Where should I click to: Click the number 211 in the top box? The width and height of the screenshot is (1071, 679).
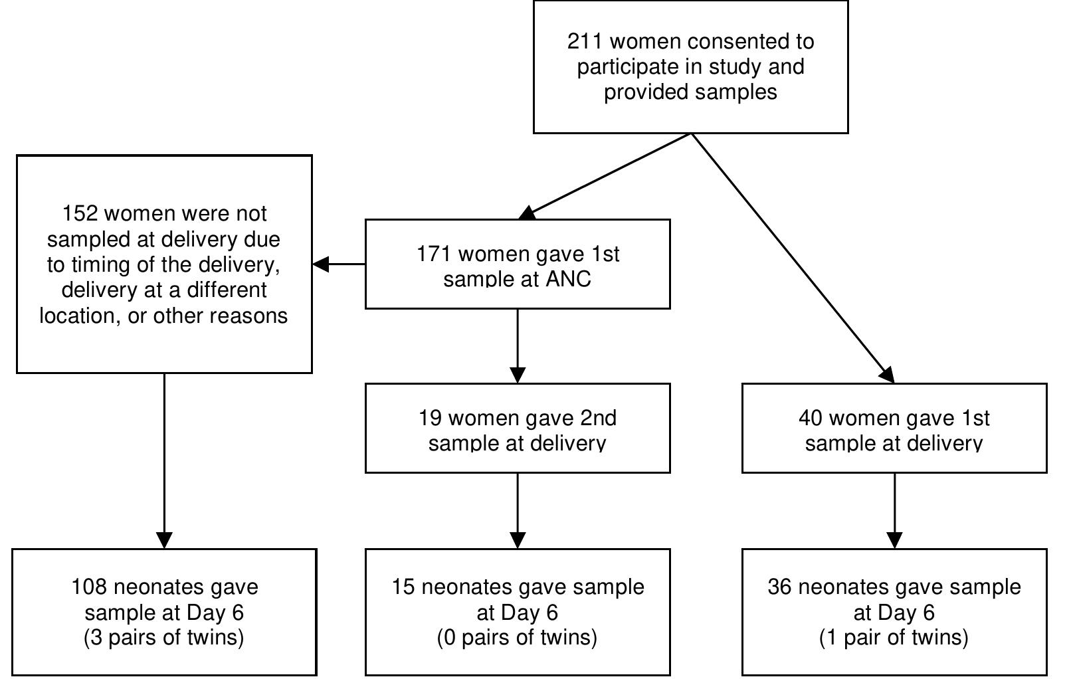585,42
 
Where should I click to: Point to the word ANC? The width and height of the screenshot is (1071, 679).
568,279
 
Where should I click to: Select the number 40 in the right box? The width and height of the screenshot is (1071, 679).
811,419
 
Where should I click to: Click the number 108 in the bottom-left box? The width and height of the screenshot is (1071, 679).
89,587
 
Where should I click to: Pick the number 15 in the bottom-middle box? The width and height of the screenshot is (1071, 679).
403,587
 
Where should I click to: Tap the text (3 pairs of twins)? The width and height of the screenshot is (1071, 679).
164,638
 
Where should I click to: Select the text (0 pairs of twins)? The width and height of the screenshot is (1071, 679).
517,638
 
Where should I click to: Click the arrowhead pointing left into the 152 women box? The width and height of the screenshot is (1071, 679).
320,264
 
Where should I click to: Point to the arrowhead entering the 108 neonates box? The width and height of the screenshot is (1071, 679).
164,540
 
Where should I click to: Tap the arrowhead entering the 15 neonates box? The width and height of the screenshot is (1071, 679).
518,540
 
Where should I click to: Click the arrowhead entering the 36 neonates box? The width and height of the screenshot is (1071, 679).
894,540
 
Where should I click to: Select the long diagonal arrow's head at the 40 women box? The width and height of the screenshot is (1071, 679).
888,375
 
